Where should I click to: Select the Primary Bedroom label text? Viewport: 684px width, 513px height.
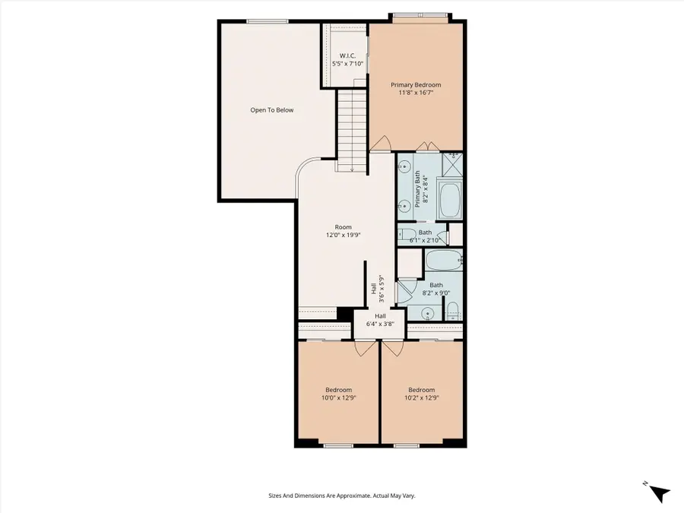tap(416, 89)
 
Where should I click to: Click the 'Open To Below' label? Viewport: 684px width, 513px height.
tap(272, 110)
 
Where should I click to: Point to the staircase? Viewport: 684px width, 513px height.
tap(352, 129)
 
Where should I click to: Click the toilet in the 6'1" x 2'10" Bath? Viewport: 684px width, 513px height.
tap(406, 235)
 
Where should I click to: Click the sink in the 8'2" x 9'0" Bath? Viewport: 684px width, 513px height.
tap(429, 312)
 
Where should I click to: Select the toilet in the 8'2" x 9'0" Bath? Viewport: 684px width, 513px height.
tap(453, 310)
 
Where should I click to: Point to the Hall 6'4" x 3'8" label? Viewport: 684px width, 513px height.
tap(380, 320)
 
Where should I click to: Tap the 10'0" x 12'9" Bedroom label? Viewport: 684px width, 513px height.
tap(338, 394)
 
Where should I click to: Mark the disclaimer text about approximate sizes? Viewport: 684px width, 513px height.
tap(342, 496)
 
